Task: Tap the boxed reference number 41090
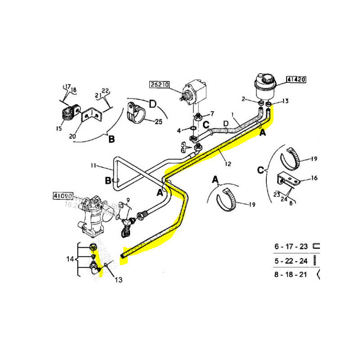pos(63,196)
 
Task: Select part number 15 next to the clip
pos(58,129)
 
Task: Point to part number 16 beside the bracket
pos(314,178)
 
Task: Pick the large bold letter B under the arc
pos(111,139)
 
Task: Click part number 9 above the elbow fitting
pos(128,200)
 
